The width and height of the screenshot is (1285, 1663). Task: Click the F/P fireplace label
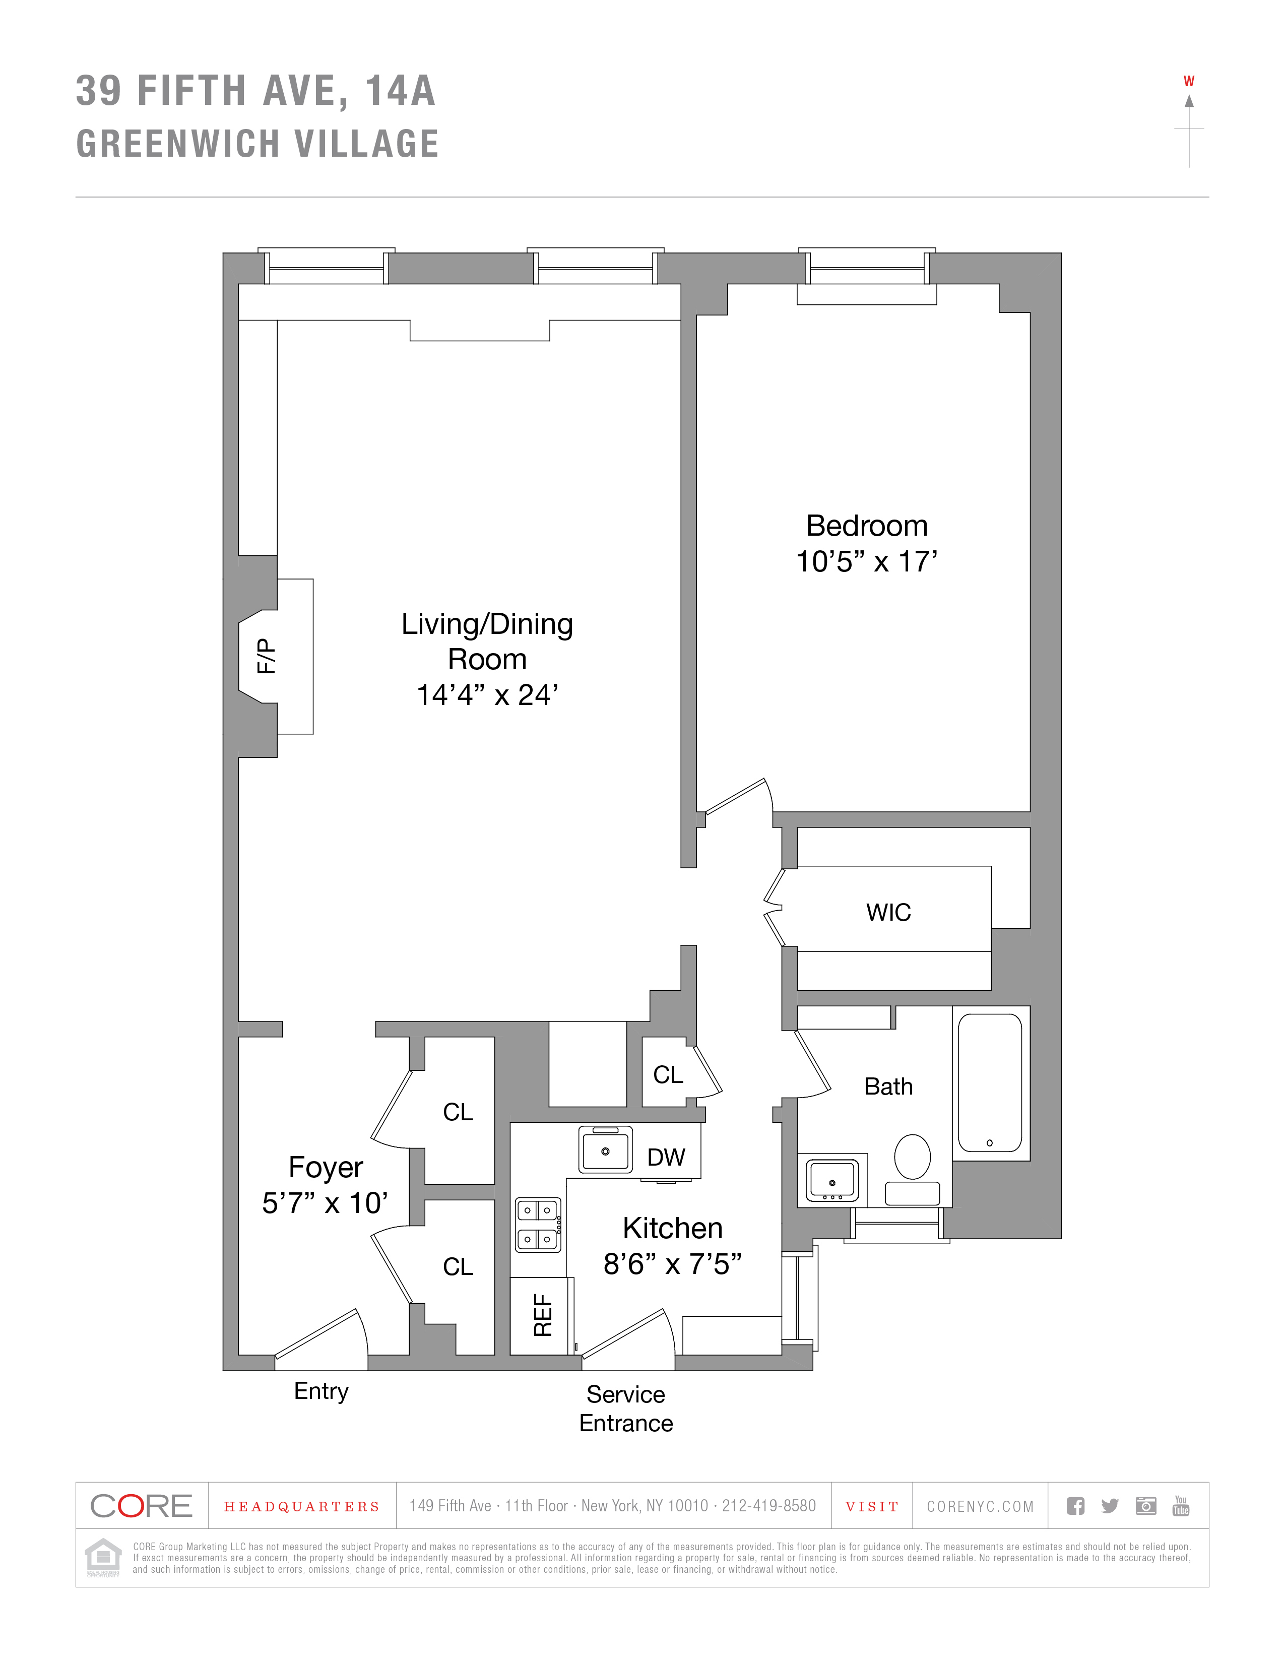266,656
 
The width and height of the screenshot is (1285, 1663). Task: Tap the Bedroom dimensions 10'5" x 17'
866,562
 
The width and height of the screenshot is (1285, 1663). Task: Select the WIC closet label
888,912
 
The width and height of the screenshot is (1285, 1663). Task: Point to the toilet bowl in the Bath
912,1157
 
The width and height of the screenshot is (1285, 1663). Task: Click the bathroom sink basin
832,1180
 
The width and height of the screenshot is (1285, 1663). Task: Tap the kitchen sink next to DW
605,1150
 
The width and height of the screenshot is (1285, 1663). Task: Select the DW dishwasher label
666,1158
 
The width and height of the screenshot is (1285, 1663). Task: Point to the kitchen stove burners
538,1225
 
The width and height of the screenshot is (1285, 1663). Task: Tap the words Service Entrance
626,1409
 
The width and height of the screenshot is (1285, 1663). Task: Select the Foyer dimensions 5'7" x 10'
325,1203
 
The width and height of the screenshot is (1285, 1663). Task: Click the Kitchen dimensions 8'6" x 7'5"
672,1264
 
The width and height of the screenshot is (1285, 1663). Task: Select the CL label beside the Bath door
668,1074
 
